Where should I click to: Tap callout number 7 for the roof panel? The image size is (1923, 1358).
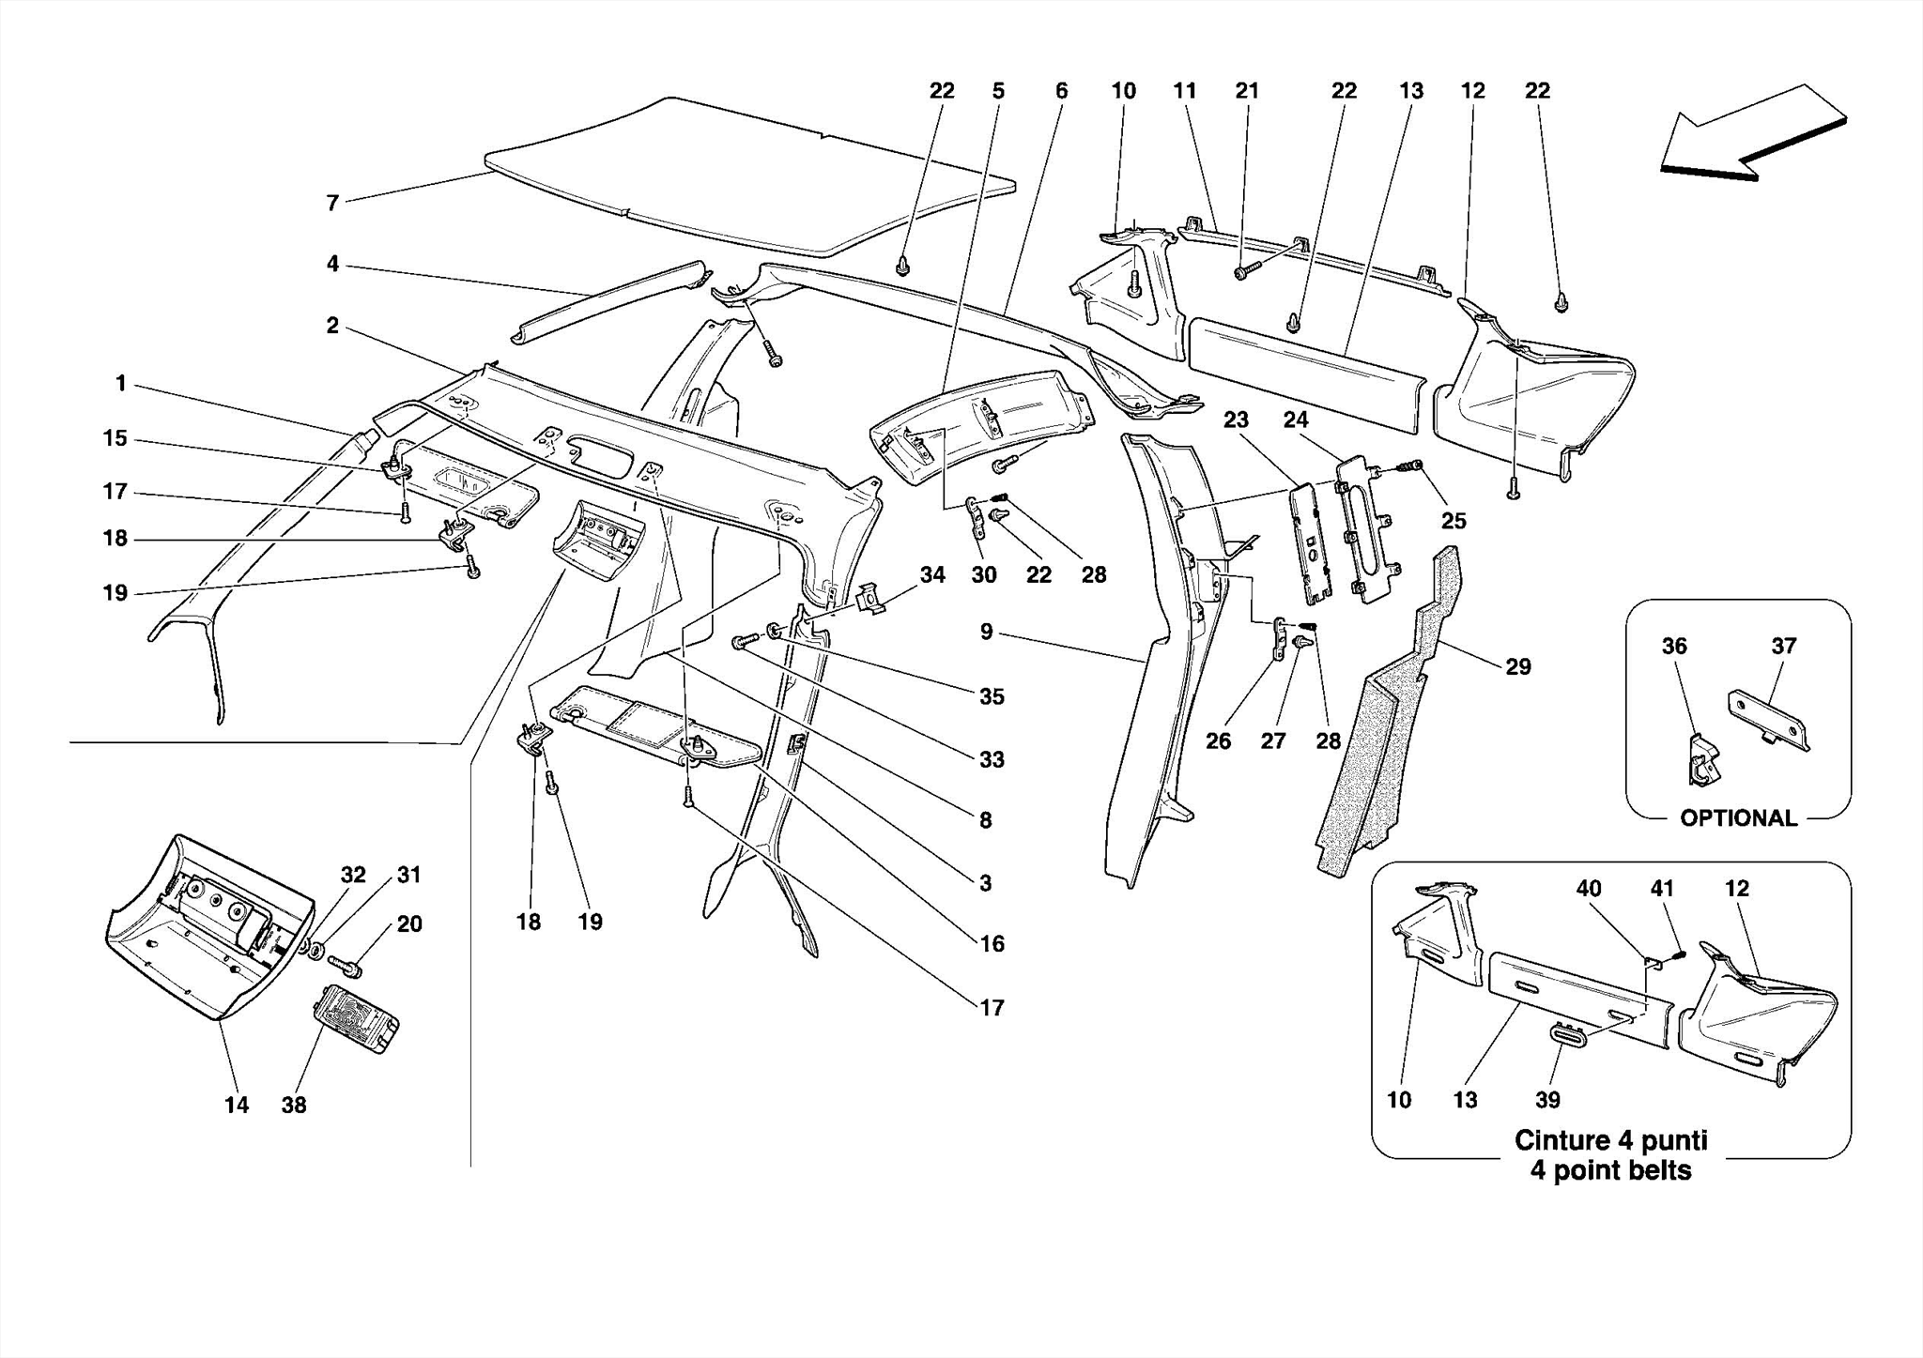(x=332, y=203)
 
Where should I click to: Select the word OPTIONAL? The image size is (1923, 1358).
(x=1738, y=818)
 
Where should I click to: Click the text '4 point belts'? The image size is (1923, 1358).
(x=1610, y=1171)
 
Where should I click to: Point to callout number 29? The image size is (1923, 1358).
(x=1518, y=667)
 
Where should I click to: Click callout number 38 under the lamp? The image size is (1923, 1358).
(x=294, y=1106)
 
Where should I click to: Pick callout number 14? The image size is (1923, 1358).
(x=237, y=1106)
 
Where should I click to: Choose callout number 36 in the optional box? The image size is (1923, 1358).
(x=1674, y=647)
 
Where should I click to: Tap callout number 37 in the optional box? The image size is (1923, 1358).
(x=1784, y=647)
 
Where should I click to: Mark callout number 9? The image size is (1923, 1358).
(x=986, y=633)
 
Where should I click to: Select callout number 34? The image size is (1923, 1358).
(x=932, y=575)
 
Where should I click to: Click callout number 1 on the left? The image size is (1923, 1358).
(x=121, y=384)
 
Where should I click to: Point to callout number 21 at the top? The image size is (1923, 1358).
(x=1246, y=91)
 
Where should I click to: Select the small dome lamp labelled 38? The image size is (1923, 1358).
(x=358, y=1019)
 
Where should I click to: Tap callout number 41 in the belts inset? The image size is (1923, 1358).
(x=1662, y=889)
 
